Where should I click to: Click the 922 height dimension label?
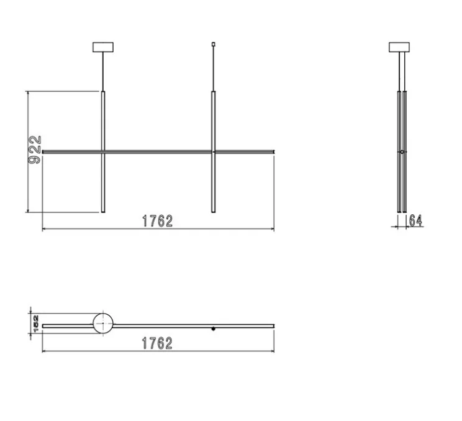35,150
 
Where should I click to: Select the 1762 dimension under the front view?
157,221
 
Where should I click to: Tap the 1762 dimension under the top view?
157,343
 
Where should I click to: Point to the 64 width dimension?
415,220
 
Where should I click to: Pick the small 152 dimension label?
36,323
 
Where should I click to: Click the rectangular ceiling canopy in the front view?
103,47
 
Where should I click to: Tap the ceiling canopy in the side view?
399,47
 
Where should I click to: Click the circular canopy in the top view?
103,324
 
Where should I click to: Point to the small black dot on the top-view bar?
213,327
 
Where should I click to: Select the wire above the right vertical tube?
213,68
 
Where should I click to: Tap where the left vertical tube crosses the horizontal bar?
103,150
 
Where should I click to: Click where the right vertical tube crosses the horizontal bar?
213,150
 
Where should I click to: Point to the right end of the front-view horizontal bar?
273,150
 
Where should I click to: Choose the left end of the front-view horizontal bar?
43,150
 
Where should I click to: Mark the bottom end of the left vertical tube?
103,211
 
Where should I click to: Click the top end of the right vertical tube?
213,93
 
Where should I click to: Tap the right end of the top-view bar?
273,324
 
